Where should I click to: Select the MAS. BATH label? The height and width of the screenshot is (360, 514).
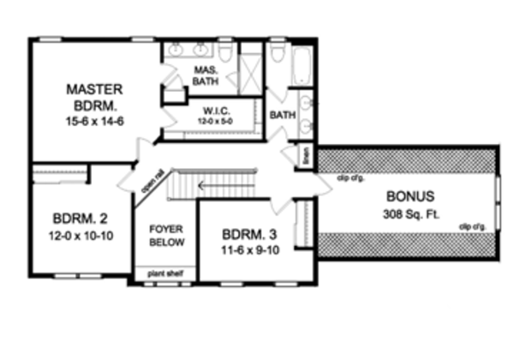(205, 75)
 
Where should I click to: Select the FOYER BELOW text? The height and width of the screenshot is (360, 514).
(164, 237)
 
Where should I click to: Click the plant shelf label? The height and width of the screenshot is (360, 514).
(163, 274)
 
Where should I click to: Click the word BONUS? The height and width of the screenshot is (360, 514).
(403, 195)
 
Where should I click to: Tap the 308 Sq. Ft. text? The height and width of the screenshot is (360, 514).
(403, 213)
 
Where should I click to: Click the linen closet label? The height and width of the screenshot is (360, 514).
(306, 156)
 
